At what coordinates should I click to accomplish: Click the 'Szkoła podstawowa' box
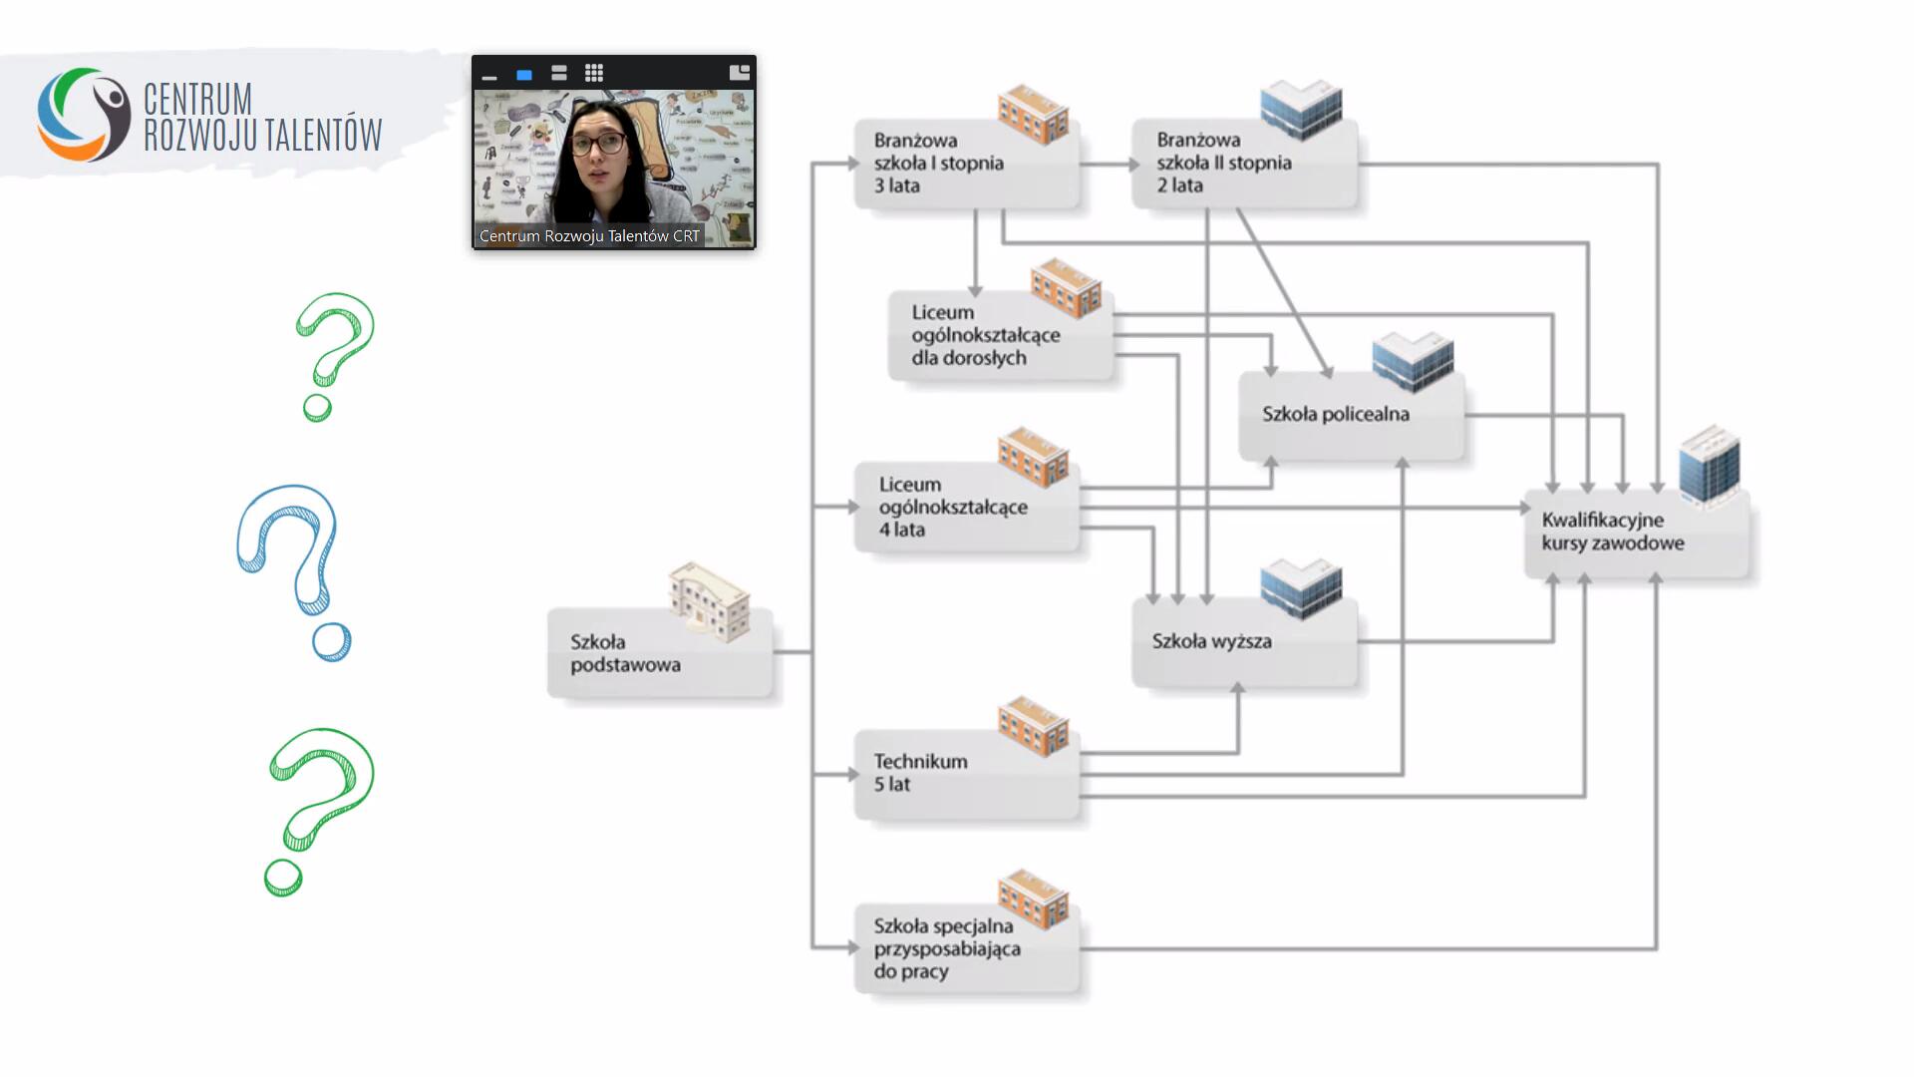[x=659, y=653]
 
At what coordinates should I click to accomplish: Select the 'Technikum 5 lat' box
[x=965, y=774]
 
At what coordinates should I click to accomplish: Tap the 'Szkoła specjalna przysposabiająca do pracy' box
[x=965, y=948]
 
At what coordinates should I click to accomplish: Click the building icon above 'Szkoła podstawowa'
[x=709, y=601]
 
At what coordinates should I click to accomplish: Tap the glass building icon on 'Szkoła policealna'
[x=1413, y=361]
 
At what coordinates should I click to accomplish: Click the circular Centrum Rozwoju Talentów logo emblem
[x=84, y=114]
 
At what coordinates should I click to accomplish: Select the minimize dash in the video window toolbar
[x=489, y=76]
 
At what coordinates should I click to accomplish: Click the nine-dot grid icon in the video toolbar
[x=594, y=73]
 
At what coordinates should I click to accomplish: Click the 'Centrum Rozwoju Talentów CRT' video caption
[x=589, y=236]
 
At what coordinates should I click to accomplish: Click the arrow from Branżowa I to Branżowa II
[x=1106, y=164]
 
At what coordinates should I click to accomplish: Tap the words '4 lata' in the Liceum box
[x=902, y=531]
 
